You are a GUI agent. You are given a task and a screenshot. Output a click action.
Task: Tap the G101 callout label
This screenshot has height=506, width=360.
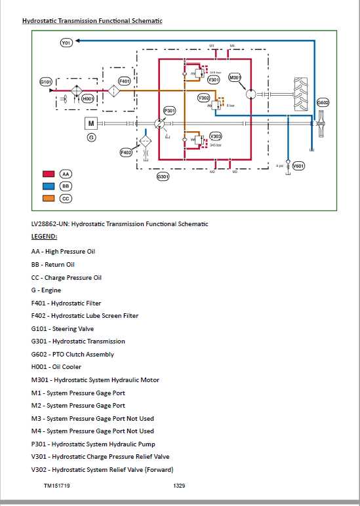[46, 82]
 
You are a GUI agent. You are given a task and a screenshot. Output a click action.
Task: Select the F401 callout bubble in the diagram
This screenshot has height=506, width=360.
[125, 81]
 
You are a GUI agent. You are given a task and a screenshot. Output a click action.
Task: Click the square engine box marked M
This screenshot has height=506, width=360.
[92, 123]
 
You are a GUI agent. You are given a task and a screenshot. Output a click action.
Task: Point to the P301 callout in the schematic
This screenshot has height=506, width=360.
[169, 111]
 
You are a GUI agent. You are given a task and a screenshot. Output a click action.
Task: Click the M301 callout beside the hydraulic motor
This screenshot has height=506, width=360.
[235, 78]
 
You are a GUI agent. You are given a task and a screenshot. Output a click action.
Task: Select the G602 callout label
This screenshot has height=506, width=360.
[323, 103]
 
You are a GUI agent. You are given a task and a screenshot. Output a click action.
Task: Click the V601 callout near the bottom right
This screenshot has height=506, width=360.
[298, 166]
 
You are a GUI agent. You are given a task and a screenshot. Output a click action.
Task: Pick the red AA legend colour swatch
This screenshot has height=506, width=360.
[48, 174]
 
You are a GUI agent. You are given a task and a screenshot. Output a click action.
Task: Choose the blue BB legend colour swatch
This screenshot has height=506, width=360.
[48, 187]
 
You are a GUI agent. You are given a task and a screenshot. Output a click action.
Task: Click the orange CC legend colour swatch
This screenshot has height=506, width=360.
[48, 199]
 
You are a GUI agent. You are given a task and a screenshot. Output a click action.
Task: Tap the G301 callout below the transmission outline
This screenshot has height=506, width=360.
[163, 177]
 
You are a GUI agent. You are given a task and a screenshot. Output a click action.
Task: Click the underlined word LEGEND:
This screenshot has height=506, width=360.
[44, 236]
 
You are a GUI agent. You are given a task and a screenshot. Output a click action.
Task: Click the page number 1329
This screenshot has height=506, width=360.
[180, 486]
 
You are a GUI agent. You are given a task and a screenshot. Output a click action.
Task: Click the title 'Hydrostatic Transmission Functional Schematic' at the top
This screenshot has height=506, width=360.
[92, 21]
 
